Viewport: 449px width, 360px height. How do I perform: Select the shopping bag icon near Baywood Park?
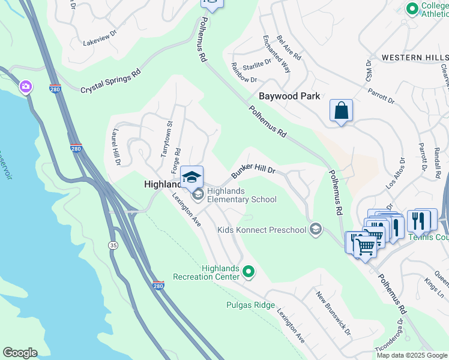point(341,111)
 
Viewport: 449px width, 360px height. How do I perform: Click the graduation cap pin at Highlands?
point(191,177)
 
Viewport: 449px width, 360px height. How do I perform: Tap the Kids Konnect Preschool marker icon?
point(316,229)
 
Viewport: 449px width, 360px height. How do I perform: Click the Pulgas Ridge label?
point(250,305)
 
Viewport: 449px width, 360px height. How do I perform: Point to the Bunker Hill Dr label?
point(253,170)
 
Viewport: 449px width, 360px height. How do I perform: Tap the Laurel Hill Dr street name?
point(116,146)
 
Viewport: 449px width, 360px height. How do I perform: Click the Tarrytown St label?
point(166,140)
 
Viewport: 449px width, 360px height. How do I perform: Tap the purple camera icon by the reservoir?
point(26,88)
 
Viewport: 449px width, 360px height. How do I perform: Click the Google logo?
point(19,353)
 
